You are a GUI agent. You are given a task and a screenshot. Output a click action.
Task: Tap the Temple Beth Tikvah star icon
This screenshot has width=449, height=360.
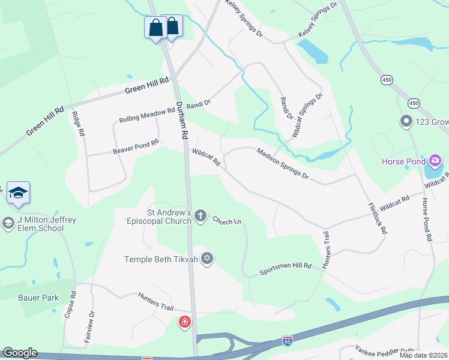[207, 259]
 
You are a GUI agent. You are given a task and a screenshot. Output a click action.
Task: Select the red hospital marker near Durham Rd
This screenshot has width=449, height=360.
[185, 323]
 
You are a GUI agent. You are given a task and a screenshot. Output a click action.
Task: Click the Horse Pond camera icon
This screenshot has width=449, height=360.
[435, 161]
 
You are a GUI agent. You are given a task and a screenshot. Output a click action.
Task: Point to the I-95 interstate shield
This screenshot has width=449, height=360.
[288, 341]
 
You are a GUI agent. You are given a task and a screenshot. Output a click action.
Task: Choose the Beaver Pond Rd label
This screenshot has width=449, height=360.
[136, 147]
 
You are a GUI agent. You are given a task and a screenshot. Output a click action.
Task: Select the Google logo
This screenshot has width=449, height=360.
[19, 353]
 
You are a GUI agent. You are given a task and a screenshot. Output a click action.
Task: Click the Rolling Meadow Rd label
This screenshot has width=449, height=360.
[139, 116]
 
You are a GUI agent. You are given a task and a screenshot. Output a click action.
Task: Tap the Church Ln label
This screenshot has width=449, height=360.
[226, 220]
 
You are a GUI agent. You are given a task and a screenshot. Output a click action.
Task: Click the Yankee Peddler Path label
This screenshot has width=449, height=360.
[384, 350]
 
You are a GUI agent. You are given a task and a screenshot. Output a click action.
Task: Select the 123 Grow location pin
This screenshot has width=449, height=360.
[406, 122]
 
